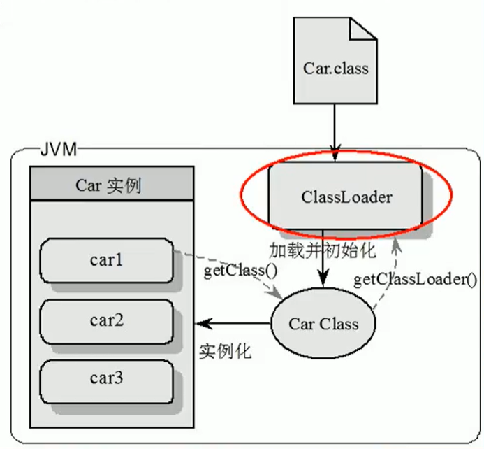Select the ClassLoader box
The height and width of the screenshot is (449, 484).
click(346, 197)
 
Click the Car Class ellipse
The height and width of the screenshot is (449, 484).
click(323, 324)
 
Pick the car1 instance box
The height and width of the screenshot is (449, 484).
click(106, 260)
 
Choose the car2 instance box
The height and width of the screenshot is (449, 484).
click(106, 320)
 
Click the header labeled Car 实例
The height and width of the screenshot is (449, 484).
click(111, 185)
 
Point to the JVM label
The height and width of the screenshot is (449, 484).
click(58, 149)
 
